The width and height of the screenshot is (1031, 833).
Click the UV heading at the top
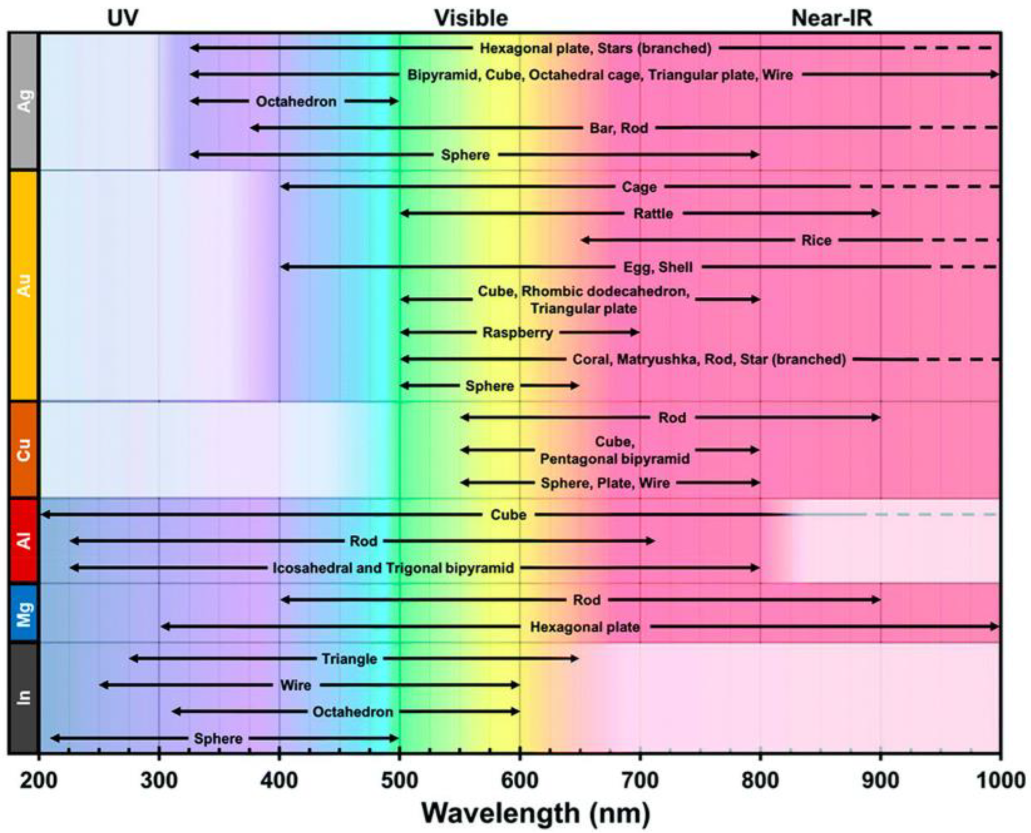(123, 18)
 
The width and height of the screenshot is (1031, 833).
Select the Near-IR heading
(831, 18)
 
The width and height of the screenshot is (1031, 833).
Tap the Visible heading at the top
(471, 18)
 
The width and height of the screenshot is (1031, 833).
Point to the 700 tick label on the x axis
(640, 781)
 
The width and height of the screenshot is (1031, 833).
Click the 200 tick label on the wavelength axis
(39, 781)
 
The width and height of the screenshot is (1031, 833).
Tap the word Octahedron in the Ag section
(296, 102)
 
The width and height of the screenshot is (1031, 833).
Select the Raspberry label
(517, 333)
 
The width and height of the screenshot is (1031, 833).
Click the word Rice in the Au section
(816, 240)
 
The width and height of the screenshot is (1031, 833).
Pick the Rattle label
(653, 214)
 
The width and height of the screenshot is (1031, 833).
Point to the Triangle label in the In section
(349, 659)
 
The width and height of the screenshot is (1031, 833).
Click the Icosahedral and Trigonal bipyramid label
(393, 568)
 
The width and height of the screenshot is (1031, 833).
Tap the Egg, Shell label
(658, 267)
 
